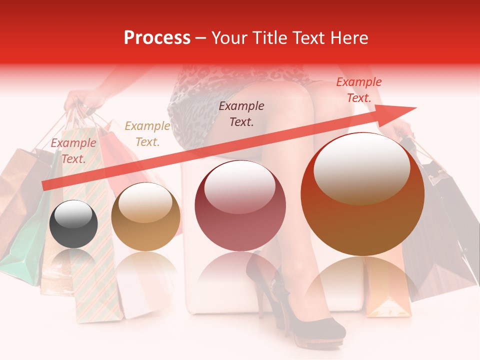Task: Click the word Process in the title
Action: point(157,38)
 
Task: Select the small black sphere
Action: point(73,224)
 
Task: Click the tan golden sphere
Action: point(145,216)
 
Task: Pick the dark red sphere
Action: point(240,205)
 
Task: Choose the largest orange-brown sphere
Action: point(362,194)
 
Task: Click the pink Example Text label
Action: point(73,150)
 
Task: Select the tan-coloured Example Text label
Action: point(147,134)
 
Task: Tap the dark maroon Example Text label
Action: point(241,113)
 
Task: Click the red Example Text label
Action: point(358,90)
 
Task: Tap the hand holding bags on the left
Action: point(80,100)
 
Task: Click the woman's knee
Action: point(300,95)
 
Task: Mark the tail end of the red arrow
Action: point(46,186)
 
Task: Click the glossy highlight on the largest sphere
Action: point(361,167)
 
